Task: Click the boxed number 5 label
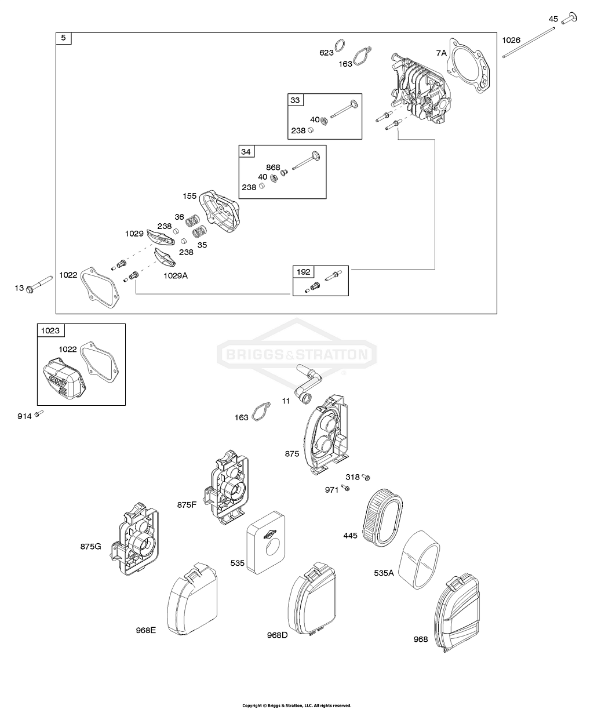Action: (63, 39)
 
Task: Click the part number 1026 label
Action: (511, 40)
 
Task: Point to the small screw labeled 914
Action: (39, 413)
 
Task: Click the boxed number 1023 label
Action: (50, 330)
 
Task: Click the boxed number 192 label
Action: (304, 272)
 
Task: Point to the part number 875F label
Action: (187, 504)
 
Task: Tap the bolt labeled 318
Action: (366, 477)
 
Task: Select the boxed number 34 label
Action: (246, 152)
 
